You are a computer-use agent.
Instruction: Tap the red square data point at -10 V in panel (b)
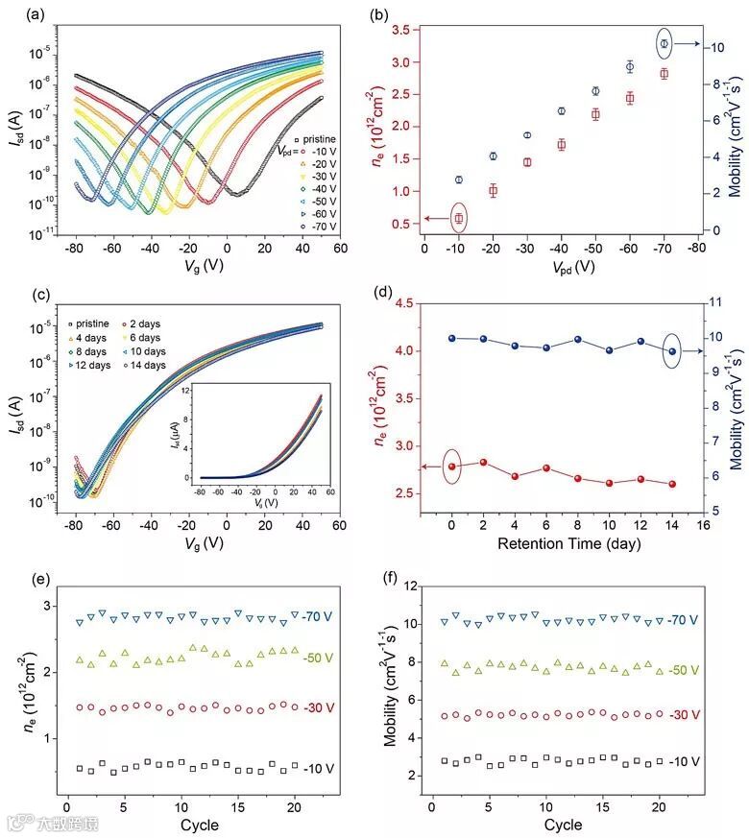(x=459, y=218)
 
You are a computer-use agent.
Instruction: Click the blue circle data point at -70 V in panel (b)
(x=664, y=44)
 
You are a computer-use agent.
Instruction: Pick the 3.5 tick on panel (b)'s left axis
(x=405, y=31)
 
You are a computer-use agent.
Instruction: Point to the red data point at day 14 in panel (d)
(x=671, y=484)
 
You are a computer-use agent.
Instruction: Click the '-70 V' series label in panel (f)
(x=684, y=621)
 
